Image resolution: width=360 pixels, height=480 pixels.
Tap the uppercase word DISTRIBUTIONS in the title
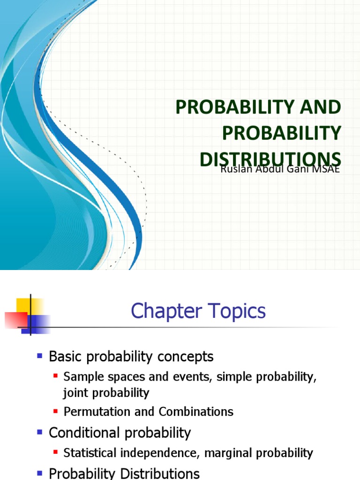coord(270,159)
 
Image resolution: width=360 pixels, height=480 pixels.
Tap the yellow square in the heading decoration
coord(31,306)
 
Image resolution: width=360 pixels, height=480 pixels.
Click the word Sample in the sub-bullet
coord(80,376)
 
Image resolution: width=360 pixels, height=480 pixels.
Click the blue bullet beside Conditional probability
coord(40,432)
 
